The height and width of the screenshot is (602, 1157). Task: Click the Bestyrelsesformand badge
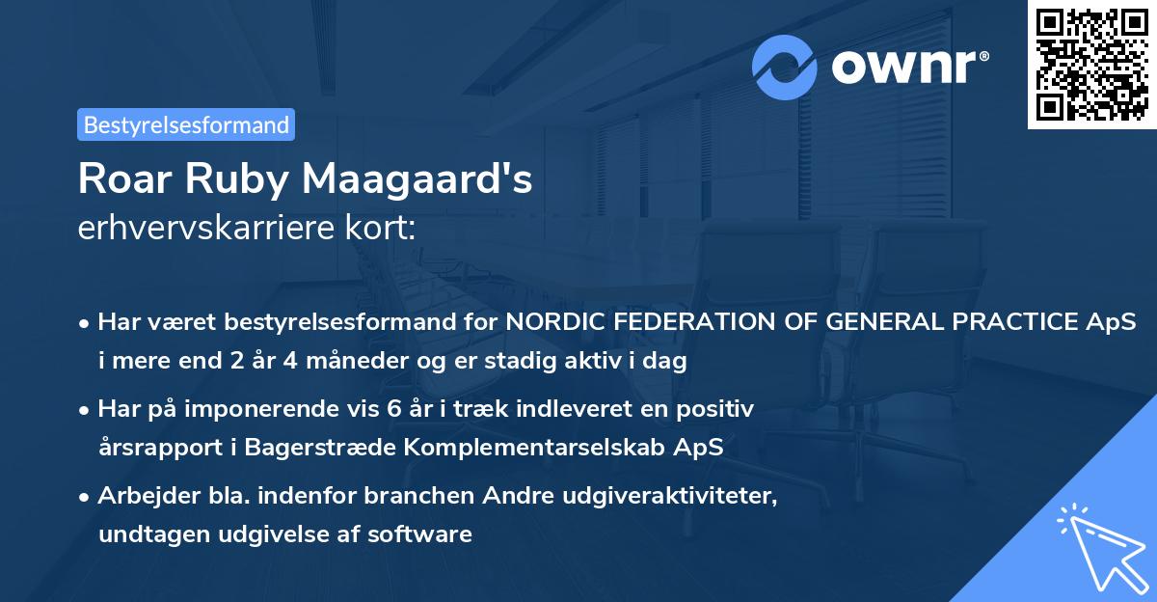coord(186,124)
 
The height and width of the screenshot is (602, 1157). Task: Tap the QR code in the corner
coord(1091,65)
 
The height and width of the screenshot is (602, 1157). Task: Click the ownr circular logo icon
coord(785,67)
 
